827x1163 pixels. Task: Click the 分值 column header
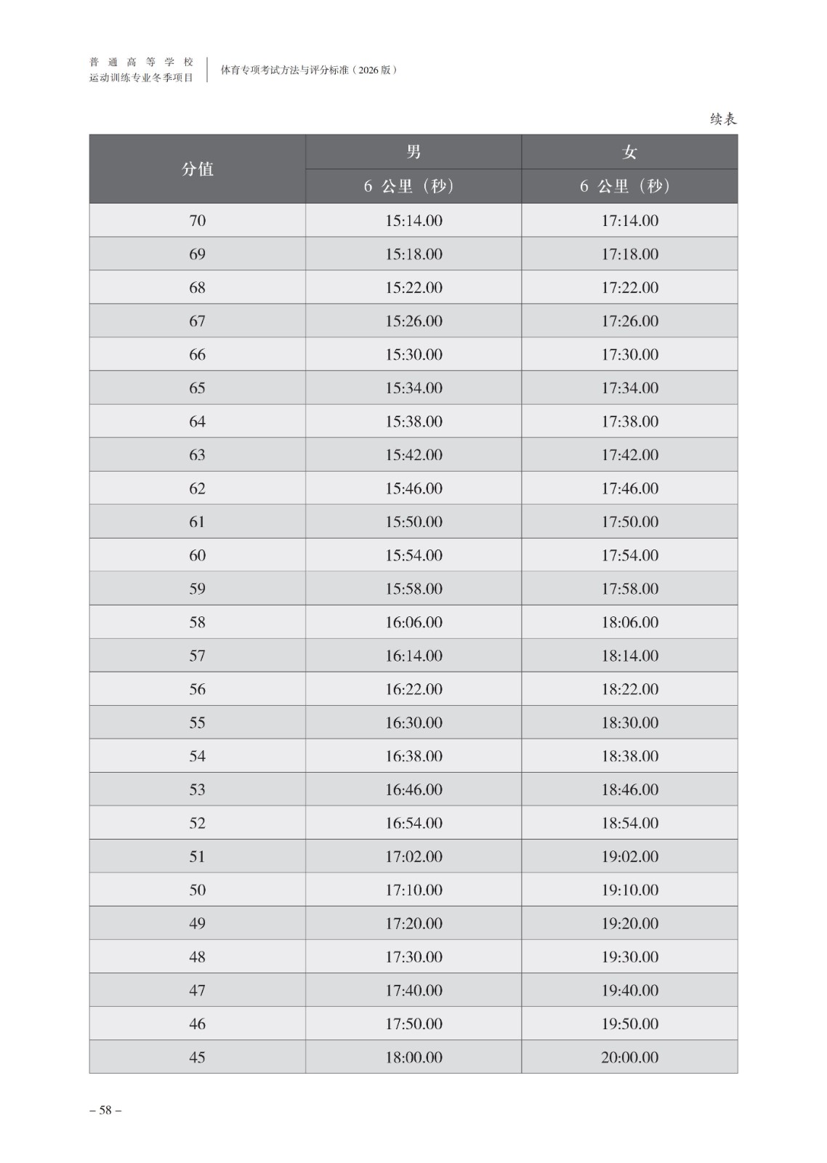click(x=197, y=169)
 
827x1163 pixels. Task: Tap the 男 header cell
click(x=413, y=152)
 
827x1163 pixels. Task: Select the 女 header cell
click(x=629, y=152)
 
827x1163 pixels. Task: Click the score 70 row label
click(x=197, y=220)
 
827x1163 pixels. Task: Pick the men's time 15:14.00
click(x=413, y=220)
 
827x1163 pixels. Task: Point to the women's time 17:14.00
click(x=629, y=220)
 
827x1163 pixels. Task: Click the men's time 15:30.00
click(x=413, y=354)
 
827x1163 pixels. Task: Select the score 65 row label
click(x=197, y=387)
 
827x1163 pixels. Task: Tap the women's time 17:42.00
click(x=629, y=454)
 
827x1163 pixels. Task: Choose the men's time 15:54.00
click(x=413, y=555)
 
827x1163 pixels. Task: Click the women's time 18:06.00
click(x=629, y=621)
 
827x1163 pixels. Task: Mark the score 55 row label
click(x=197, y=722)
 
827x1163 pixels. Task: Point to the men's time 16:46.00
click(x=413, y=789)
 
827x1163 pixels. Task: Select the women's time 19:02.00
click(x=629, y=856)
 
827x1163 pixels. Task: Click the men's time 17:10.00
click(x=413, y=889)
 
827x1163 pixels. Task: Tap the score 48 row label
click(x=197, y=956)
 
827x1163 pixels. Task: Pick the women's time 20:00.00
click(x=629, y=1056)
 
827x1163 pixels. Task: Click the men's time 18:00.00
click(x=413, y=1056)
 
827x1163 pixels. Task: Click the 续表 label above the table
click(x=723, y=119)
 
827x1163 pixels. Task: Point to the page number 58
click(x=105, y=1109)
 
